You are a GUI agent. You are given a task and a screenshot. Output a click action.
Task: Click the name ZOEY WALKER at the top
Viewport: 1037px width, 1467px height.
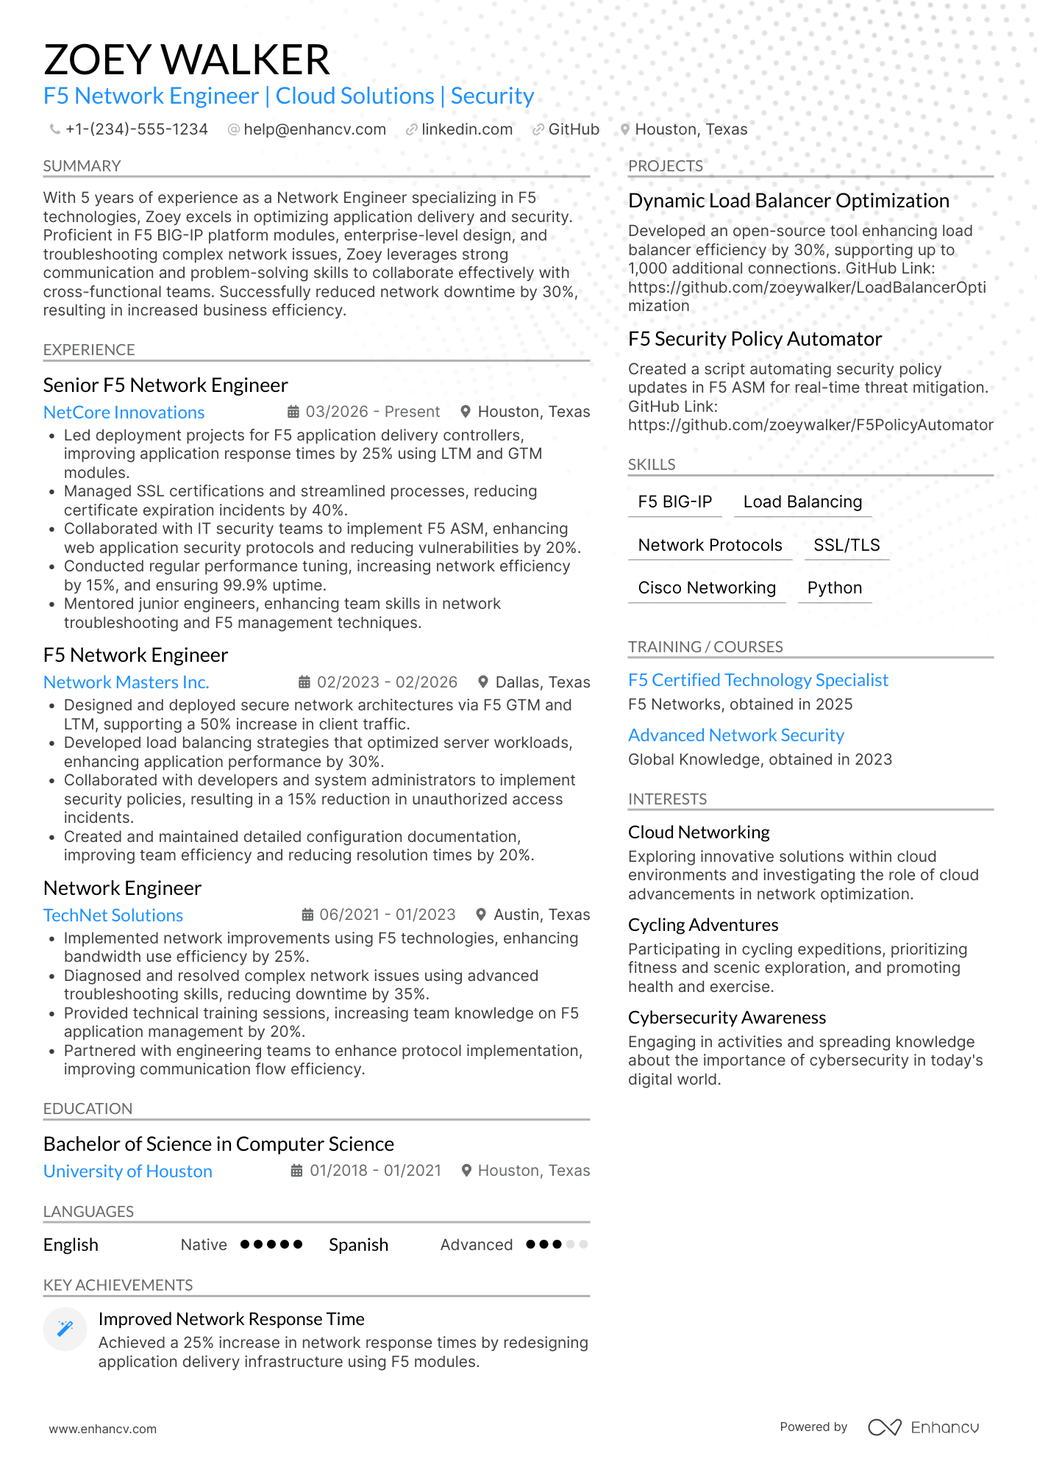(x=187, y=60)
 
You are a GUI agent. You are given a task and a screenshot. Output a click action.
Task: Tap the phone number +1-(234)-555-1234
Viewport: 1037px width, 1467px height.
(x=136, y=129)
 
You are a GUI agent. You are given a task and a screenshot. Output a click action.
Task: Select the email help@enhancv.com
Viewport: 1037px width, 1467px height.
(x=314, y=129)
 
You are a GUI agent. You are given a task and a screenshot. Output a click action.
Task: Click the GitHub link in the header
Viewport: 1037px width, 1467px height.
(x=573, y=129)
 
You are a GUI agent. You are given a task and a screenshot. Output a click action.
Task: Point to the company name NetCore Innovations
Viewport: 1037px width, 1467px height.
(x=124, y=413)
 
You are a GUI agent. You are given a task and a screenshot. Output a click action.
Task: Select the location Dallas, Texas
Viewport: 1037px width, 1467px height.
(x=542, y=682)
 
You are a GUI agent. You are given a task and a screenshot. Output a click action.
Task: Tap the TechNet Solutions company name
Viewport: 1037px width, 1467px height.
(x=113, y=915)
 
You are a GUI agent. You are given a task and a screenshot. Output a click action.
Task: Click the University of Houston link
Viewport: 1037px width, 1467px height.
(x=128, y=1171)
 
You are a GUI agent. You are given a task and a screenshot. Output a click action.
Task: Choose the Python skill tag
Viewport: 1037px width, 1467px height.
(x=834, y=588)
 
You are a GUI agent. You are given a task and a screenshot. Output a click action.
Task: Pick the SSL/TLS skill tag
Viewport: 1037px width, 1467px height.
(x=847, y=545)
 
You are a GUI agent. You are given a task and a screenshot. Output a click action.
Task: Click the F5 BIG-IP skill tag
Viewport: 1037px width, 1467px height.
(x=674, y=502)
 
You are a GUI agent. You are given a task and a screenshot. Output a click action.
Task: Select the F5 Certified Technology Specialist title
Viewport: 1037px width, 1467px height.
(x=758, y=680)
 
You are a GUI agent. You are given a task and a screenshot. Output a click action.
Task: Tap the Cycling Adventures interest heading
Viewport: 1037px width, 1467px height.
(x=703, y=925)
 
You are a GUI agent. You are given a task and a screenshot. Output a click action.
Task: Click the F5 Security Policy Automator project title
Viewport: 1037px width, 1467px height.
(x=755, y=339)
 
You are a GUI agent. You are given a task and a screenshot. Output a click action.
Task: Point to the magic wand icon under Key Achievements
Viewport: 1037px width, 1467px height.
(x=65, y=1328)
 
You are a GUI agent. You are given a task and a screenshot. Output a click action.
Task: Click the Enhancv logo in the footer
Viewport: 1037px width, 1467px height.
(x=924, y=1427)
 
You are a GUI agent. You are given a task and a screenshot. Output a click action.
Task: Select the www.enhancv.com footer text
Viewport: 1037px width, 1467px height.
(x=103, y=1429)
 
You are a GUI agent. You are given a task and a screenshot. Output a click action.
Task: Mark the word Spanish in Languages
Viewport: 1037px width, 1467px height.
(x=358, y=1245)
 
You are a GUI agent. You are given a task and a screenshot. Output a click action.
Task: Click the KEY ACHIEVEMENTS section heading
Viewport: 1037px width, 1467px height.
(x=118, y=1285)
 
